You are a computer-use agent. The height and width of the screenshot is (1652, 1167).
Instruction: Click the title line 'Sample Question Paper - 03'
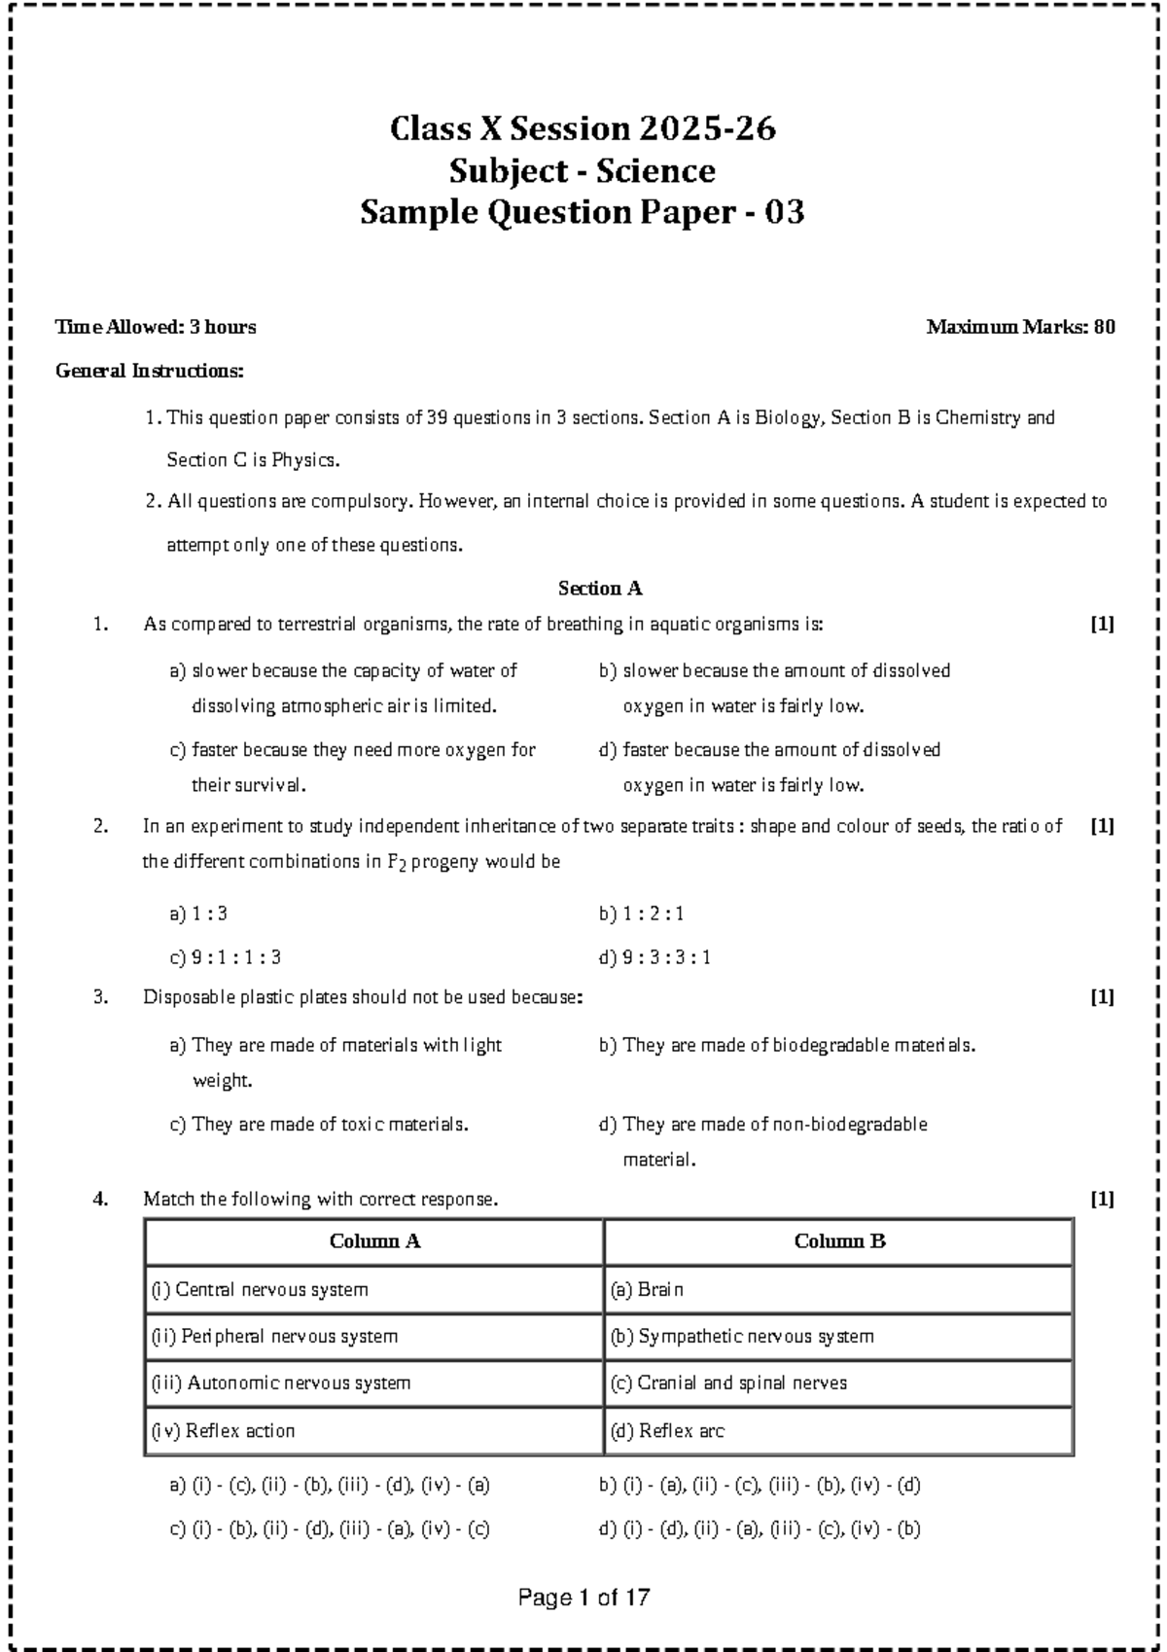[x=583, y=212]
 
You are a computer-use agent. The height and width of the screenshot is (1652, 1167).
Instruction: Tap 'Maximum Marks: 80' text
[x=1020, y=328]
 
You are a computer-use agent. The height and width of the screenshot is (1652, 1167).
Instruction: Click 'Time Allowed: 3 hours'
[x=156, y=328]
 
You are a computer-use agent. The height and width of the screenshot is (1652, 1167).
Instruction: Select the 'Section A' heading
[x=600, y=589]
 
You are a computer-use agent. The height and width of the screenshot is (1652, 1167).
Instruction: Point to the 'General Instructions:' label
[x=151, y=371]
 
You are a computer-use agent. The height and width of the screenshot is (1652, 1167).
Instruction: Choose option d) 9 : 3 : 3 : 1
[x=655, y=958]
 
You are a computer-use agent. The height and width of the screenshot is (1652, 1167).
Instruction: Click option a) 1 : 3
[x=198, y=915]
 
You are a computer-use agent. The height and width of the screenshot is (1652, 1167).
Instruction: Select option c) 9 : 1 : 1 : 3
[x=226, y=958]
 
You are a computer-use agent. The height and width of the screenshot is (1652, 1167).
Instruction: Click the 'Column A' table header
[x=374, y=1241]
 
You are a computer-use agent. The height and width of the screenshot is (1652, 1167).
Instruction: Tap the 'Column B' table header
[x=839, y=1241]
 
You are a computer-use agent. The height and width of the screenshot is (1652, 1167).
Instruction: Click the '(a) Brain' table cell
[x=647, y=1290]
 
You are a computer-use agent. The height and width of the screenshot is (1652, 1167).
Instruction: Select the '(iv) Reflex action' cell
[x=223, y=1431]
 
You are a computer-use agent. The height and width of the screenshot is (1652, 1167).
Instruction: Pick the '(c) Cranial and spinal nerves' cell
[x=728, y=1383]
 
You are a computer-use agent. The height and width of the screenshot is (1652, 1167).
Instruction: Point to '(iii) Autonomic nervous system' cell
[x=280, y=1383]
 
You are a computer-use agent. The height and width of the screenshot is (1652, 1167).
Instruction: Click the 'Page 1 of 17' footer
[x=583, y=1598]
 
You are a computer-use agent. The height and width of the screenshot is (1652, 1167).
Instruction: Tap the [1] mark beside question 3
[x=1102, y=997]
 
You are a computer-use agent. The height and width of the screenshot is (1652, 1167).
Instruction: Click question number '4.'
[x=99, y=1200]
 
